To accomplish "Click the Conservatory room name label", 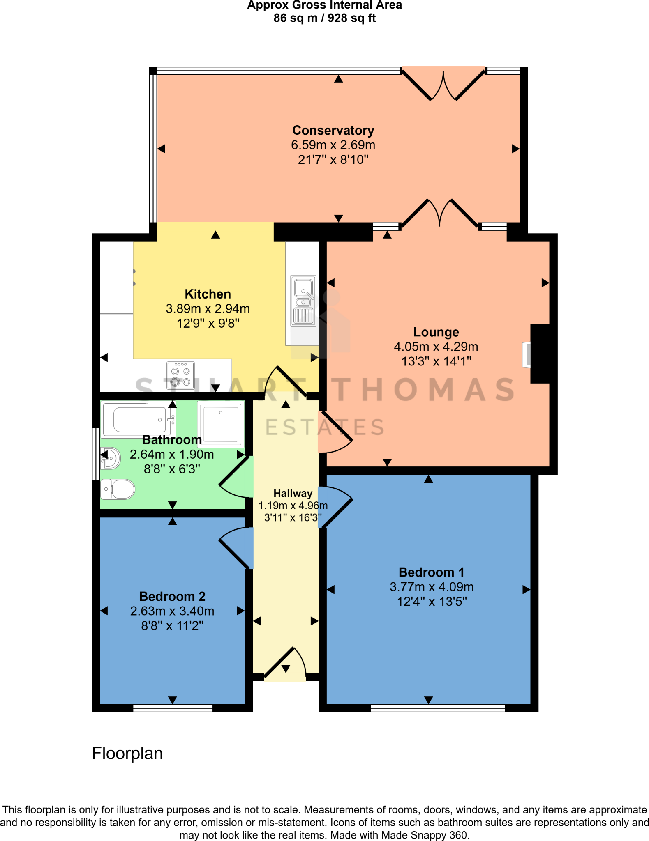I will pyautogui.click(x=333, y=130).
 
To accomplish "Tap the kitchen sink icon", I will pyautogui.click(x=303, y=301).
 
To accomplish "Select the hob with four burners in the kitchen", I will pyautogui.click(x=180, y=375).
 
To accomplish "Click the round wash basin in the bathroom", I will pyautogui.click(x=111, y=458).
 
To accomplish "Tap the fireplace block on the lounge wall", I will pyautogui.click(x=540, y=354).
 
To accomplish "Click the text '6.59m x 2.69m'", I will pyautogui.click(x=333, y=145).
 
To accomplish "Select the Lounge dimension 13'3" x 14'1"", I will pyautogui.click(x=436, y=361).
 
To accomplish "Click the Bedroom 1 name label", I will pyautogui.click(x=431, y=572).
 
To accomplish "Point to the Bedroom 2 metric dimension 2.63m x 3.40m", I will pyautogui.click(x=172, y=611).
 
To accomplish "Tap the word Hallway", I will pyautogui.click(x=293, y=493).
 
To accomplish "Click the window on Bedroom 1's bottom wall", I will pyautogui.click(x=437, y=708).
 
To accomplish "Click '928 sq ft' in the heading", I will pyautogui.click(x=351, y=18).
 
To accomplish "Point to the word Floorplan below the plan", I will pyautogui.click(x=127, y=754).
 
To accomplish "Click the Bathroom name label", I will pyautogui.click(x=172, y=440).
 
